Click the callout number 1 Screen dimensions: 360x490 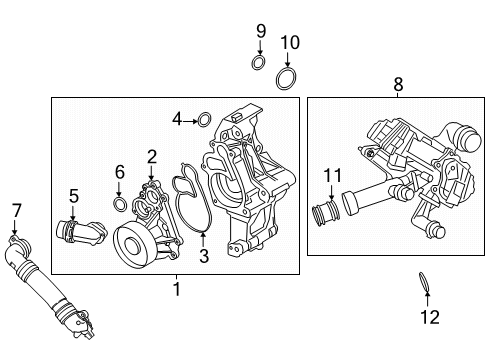pos(176,290)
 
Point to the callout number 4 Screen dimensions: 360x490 pos(177,120)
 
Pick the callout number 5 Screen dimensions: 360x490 pos(73,195)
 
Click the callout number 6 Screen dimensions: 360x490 pos(119,171)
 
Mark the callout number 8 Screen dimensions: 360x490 pos(398,86)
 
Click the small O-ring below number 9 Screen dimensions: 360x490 pos(259,65)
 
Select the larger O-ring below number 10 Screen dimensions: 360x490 pos(288,79)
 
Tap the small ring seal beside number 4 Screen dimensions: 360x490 pos(205,121)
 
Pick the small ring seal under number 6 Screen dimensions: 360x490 pos(120,205)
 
